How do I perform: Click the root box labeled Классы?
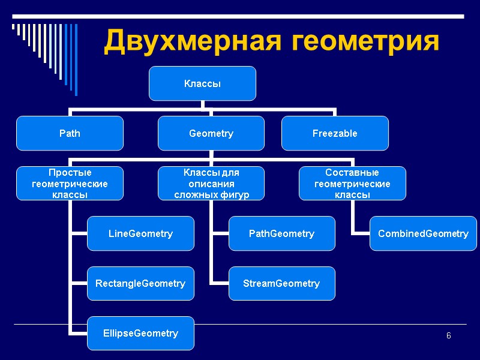202,83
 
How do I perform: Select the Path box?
70,133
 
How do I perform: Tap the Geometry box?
211,133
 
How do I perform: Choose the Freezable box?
335,133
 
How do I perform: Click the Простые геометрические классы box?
70,183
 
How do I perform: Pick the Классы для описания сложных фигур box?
211,183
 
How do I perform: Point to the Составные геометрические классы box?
352,183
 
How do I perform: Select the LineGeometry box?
140,233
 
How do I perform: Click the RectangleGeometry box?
140,283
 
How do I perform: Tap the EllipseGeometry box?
140,333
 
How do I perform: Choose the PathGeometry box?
281,233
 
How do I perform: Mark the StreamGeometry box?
281,283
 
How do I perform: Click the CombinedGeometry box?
423,233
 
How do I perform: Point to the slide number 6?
448,335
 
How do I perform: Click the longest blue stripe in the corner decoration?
76,59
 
